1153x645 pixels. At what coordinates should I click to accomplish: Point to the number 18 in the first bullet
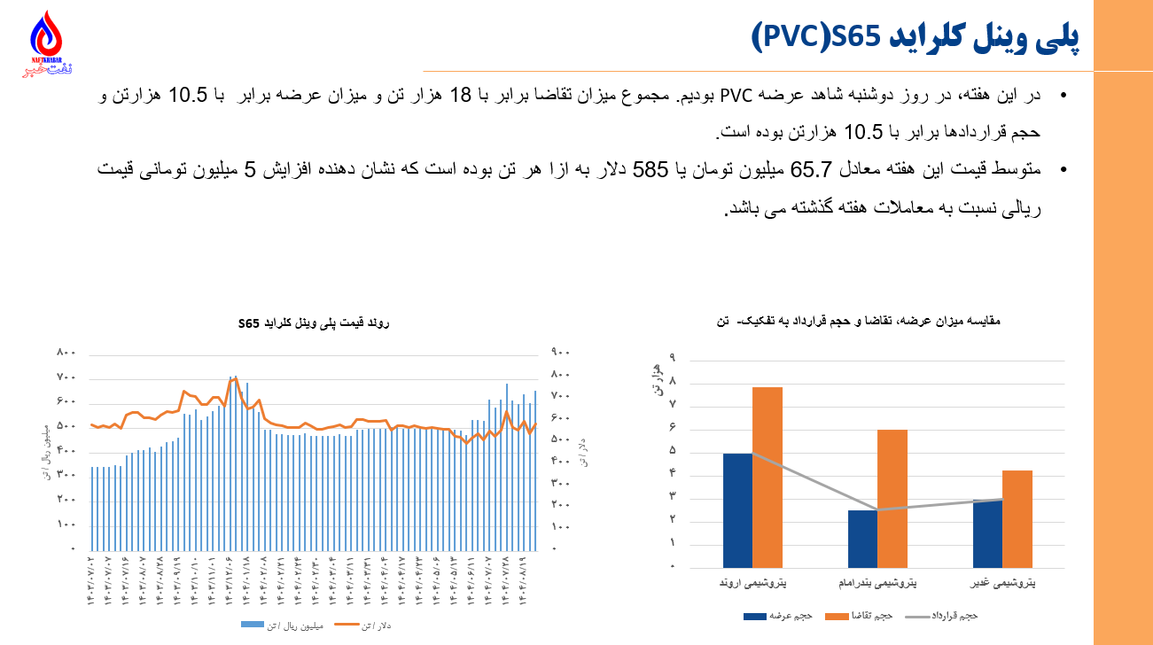[x=461, y=95]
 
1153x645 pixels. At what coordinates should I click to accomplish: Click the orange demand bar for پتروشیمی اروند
[x=767, y=477]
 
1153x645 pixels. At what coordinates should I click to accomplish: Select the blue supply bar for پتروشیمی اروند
[x=737, y=509]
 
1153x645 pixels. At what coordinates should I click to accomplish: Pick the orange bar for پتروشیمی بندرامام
[x=892, y=498]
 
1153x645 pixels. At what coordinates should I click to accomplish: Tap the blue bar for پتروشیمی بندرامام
[x=862, y=538]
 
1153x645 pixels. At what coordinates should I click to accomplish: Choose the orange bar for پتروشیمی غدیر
[x=1017, y=518]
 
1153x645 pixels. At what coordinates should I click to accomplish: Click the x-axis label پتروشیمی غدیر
[x=1002, y=584]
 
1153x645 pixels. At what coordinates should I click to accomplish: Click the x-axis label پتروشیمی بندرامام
[x=877, y=584]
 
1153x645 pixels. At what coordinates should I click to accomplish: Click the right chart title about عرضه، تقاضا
[x=876, y=322]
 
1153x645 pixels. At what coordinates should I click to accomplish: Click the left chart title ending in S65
[x=315, y=322]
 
